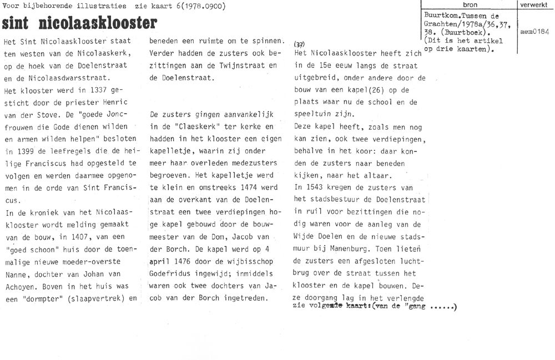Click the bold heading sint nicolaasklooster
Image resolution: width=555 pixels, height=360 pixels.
79,24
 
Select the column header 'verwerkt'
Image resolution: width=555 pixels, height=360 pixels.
535,4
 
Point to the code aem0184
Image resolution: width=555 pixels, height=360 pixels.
535,32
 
